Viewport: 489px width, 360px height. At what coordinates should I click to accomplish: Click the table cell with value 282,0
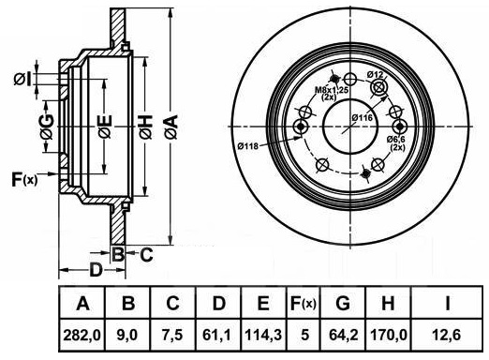click(x=82, y=336)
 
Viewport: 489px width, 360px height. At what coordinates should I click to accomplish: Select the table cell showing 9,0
click(x=127, y=336)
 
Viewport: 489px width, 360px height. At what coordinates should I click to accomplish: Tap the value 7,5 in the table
click(x=172, y=336)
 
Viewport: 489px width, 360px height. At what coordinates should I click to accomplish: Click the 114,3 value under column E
click(x=263, y=336)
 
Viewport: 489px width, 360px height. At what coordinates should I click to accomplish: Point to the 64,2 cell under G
click(x=343, y=336)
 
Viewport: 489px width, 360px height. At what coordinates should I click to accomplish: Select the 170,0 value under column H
click(x=389, y=336)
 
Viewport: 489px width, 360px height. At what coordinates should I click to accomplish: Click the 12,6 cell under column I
click(x=447, y=336)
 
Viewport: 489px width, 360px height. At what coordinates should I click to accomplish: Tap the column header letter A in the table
click(x=82, y=303)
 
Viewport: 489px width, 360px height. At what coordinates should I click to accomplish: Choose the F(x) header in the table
click(x=304, y=303)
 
